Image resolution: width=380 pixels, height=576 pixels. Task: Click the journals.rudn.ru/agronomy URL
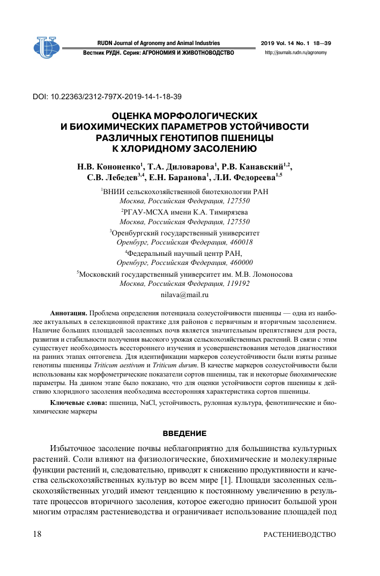pyautogui.click(x=296, y=53)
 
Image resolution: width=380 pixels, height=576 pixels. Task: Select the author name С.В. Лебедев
pyautogui.click(x=114, y=178)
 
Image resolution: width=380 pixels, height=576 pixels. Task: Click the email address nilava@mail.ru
pyautogui.click(x=184, y=294)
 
